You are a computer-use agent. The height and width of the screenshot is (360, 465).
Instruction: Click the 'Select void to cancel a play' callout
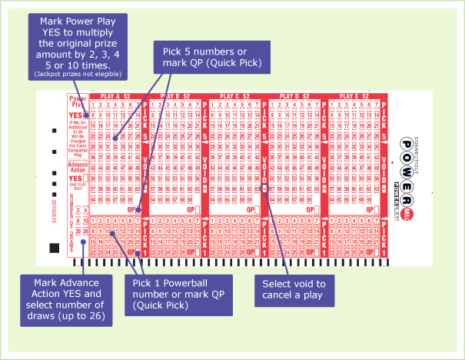pos(289,289)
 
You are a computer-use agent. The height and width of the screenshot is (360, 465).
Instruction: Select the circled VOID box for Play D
pos(264,187)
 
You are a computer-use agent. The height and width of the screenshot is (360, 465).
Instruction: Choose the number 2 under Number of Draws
pos(78,209)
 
